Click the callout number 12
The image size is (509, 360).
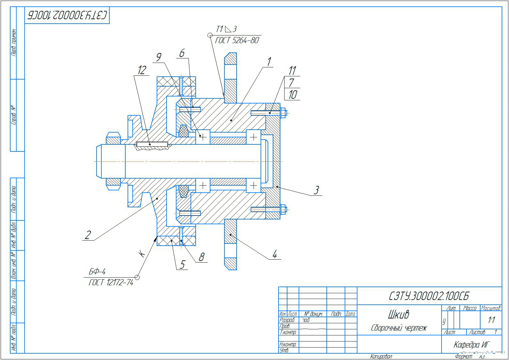click(142, 70)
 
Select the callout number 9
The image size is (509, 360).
click(159, 57)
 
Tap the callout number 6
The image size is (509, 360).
click(182, 53)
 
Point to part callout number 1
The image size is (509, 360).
click(269, 62)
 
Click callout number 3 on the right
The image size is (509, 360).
click(316, 190)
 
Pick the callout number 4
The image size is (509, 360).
click(274, 255)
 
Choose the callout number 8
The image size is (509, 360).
click(201, 257)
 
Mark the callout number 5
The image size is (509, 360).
click(182, 264)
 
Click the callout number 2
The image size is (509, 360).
click(88, 235)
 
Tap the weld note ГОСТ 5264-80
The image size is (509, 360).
click(237, 41)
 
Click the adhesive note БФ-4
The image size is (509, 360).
click(97, 272)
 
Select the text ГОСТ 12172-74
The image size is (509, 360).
click(111, 283)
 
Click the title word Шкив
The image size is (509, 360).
click(398, 315)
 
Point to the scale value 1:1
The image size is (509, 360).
click(491, 320)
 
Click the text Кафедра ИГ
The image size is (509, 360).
click(472, 345)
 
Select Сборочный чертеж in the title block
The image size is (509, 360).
click(399, 328)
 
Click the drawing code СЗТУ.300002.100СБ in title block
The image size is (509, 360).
click(429, 296)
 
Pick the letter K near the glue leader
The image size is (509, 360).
click(142, 254)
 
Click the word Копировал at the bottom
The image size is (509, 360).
click(381, 356)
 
